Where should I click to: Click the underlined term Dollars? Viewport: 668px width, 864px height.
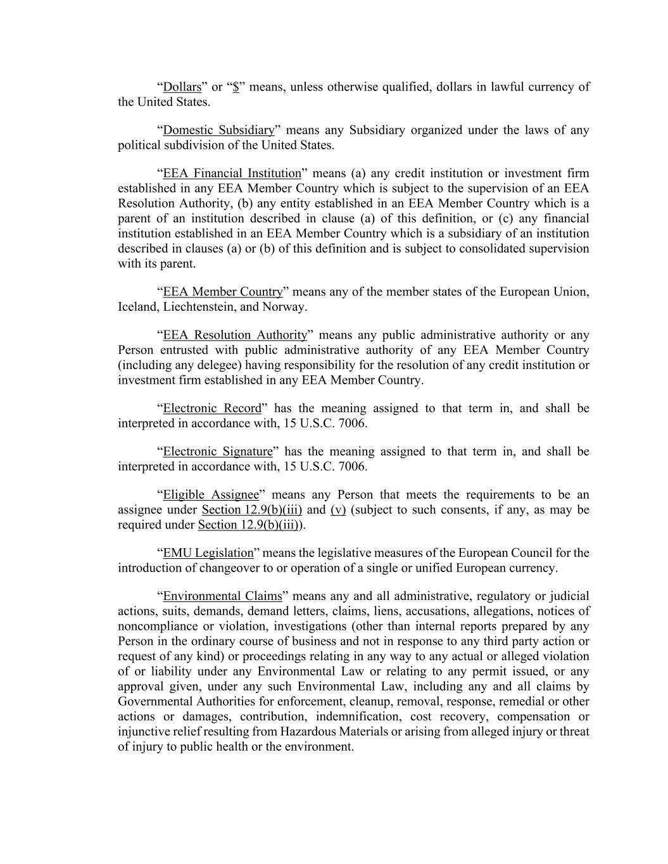coord(182,87)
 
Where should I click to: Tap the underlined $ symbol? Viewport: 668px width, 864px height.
coord(236,87)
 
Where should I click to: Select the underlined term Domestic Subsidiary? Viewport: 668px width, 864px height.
coord(218,130)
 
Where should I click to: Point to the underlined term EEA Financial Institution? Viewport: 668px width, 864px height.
coord(232,173)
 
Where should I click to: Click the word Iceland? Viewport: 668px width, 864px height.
coord(139,307)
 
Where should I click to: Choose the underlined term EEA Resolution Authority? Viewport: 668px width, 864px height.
coord(235,335)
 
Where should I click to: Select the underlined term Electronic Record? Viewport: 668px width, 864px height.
coord(212,408)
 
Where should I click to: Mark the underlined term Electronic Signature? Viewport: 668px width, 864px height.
coord(218,451)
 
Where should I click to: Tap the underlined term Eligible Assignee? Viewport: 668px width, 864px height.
coord(211,494)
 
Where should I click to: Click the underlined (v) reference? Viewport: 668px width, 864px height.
coord(338,510)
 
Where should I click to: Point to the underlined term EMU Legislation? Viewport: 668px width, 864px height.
coord(208,553)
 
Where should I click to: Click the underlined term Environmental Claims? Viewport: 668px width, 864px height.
coord(222,596)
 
